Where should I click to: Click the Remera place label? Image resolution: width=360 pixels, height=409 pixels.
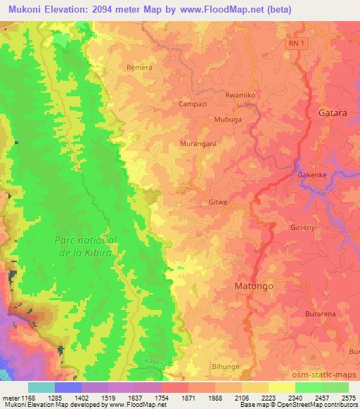(139, 67)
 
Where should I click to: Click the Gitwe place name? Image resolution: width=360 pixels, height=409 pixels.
(217, 202)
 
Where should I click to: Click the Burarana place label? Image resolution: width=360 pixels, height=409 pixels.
(322, 314)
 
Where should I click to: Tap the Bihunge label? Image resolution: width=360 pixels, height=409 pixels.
(226, 367)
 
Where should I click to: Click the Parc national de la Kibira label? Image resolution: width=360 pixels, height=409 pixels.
(86, 245)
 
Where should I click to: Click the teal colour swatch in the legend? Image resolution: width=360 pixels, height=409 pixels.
(41, 387)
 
